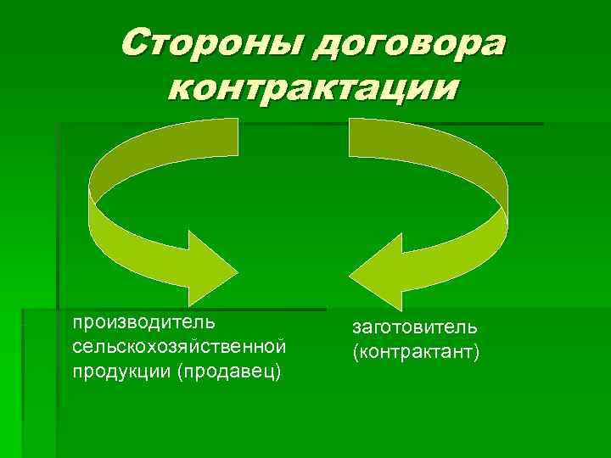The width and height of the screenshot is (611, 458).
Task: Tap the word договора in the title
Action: pos(406,44)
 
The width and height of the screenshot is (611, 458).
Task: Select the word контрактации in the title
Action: pos(312,87)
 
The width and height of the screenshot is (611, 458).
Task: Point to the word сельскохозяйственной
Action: pos(178,347)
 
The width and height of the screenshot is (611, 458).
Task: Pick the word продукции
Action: pos(121,371)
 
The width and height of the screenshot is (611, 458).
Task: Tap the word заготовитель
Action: pos(415,327)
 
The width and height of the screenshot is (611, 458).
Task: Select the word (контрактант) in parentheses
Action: pos(416,351)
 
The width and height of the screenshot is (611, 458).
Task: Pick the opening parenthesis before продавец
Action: pos(180,371)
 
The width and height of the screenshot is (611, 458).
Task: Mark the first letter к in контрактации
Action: pos(181,87)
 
